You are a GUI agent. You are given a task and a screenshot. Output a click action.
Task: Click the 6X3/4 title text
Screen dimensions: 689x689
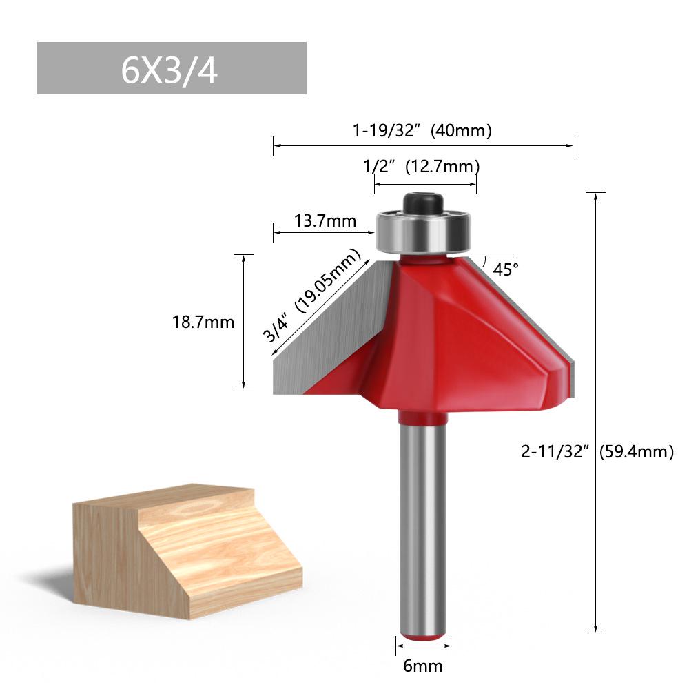pos(169,70)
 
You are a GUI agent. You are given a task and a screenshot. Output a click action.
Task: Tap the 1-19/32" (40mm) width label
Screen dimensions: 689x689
pos(422,131)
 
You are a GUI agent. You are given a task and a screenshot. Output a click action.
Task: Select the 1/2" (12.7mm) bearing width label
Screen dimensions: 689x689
pos(422,166)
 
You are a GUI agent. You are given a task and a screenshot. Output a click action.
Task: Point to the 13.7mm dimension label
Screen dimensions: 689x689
pos(325,221)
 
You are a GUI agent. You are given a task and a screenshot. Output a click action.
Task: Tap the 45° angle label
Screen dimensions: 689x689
pos(506,269)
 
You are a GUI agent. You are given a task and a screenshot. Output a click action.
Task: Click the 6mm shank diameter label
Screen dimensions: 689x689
pos(424,666)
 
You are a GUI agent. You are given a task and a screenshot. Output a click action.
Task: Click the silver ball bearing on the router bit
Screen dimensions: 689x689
pos(422,233)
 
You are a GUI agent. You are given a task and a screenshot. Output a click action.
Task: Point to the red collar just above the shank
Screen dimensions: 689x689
pos(422,418)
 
